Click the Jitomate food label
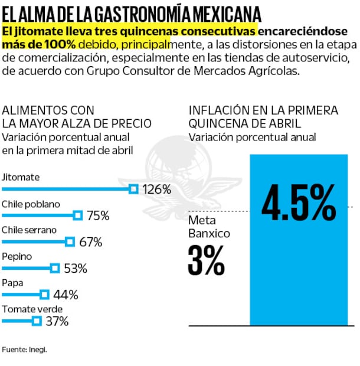(21, 177)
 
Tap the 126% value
(156, 189)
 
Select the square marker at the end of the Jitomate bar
(133, 189)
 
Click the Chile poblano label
(31, 204)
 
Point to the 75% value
(98, 216)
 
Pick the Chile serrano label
(30, 230)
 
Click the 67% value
(90, 242)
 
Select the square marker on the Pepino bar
(55, 268)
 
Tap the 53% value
(75, 269)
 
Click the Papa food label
(13, 282)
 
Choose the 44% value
(66, 295)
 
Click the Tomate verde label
(32, 309)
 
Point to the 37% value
(57, 321)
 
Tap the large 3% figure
(207, 260)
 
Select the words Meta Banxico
(209, 227)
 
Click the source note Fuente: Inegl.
(24, 349)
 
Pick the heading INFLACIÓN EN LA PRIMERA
(263, 110)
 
